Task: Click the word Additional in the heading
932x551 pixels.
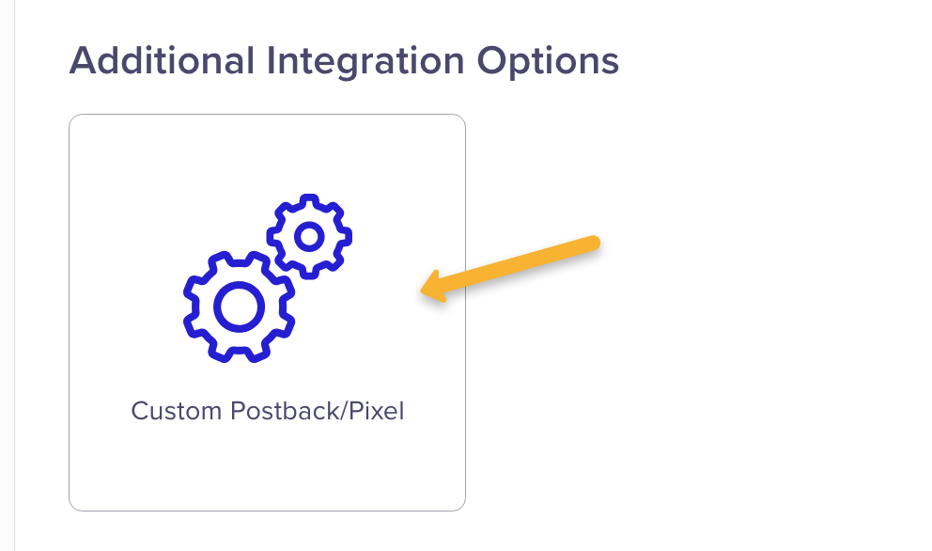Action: (x=163, y=61)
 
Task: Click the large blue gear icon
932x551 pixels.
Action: (x=239, y=307)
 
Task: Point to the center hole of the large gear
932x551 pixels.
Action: (x=239, y=307)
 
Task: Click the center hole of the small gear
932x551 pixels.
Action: (x=309, y=237)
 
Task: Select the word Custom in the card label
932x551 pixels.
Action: (x=177, y=411)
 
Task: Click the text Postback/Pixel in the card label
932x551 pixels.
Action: (x=318, y=411)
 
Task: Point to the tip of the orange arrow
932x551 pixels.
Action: (x=421, y=291)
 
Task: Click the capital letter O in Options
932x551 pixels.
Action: (x=492, y=61)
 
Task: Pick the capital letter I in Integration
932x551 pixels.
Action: (x=271, y=61)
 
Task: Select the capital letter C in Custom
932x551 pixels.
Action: (x=142, y=411)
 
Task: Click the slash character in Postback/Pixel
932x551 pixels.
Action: (x=343, y=411)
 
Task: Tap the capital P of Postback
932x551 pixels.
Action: (x=239, y=411)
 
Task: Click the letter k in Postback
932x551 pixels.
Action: (x=330, y=411)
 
